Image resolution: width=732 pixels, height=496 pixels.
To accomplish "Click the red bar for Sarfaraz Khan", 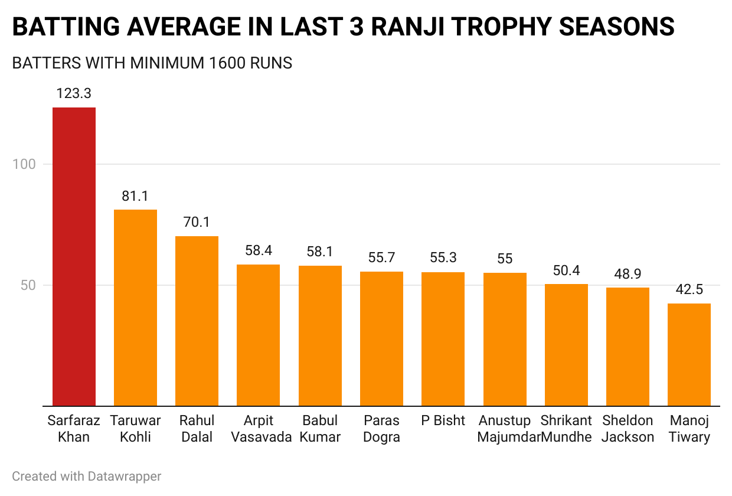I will [x=74, y=257].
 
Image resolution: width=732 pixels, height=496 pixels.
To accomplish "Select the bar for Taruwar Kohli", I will [x=135, y=308].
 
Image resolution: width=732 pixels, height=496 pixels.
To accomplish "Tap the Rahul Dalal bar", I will [x=197, y=321].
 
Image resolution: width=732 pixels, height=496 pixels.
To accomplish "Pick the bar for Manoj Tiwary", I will [x=689, y=355].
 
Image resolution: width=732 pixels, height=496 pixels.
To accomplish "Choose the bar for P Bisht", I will [x=443, y=339].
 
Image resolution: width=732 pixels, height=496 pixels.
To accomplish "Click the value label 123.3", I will [x=74, y=93].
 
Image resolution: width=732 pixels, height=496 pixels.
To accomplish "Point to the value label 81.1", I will [x=135, y=196].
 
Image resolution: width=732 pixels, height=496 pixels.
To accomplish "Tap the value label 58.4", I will [x=258, y=250].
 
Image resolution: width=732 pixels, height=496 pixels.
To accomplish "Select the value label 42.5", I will [x=689, y=289].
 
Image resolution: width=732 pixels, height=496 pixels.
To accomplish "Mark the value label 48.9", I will [x=628, y=274].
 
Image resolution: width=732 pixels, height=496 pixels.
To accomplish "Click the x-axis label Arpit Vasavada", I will [x=258, y=429].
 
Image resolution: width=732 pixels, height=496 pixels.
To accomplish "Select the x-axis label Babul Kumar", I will [x=320, y=429].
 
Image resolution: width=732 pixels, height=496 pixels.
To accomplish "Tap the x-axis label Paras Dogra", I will [x=381, y=429].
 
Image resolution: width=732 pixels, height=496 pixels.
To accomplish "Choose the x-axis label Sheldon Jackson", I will [x=628, y=429].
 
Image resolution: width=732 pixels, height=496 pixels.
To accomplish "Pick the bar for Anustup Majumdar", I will [x=504, y=340].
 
